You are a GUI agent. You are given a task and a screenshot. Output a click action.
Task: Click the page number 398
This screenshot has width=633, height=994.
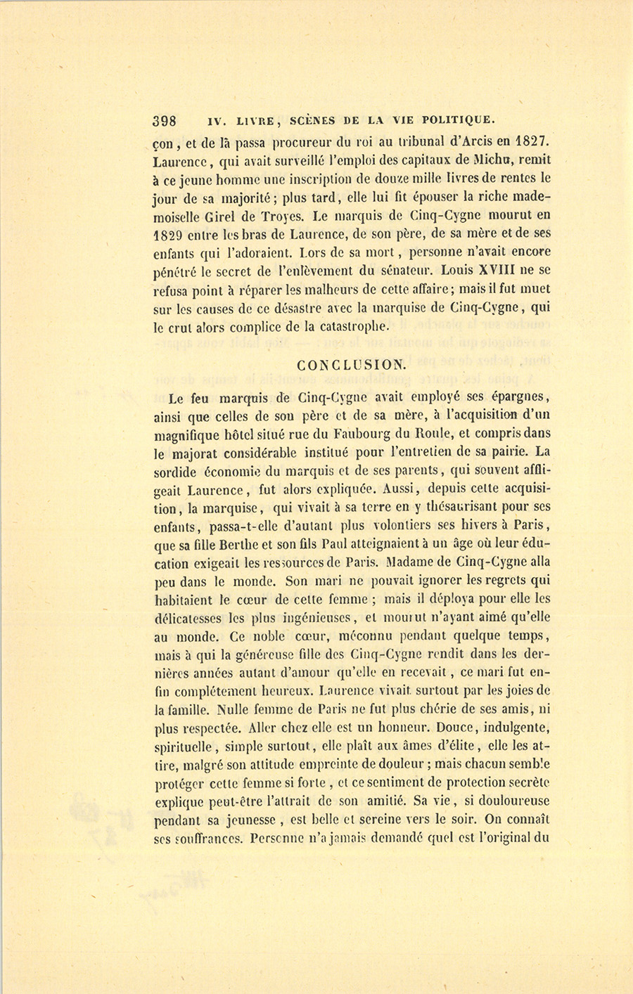[x=166, y=119]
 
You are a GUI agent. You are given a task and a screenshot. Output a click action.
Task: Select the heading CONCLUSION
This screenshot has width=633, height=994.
[x=351, y=365]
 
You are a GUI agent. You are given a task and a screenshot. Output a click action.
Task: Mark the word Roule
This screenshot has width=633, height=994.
[x=436, y=434]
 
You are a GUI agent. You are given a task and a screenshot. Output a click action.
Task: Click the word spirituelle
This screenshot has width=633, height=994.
[x=184, y=747]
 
